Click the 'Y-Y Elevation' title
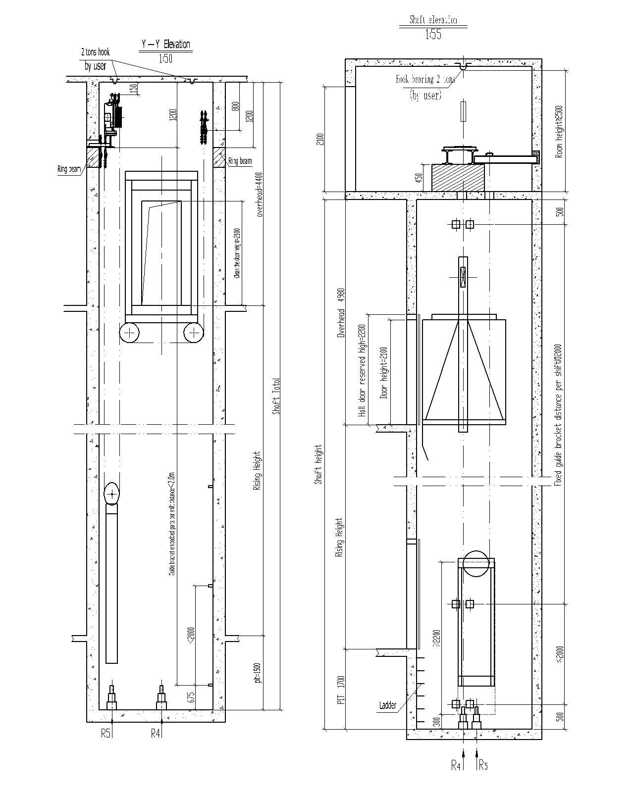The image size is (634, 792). (x=165, y=45)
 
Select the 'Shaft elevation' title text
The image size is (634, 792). (x=432, y=20)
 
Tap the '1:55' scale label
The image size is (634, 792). (x=432, y=35)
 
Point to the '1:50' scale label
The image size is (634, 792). (x=165, y=58)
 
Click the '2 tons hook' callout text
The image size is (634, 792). (x=95, y=52)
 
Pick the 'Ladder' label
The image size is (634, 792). (x=388, y=705)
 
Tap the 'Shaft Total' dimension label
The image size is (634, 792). (x=276, y=396)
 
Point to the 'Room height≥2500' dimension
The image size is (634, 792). (x=560, y=131)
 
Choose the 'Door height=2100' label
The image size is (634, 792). (x=384, y=372)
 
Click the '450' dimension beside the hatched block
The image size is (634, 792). (x=419, y=177)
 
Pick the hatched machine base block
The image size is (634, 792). (x=458, y=177)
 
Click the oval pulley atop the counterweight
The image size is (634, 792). (x=112, y=494)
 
